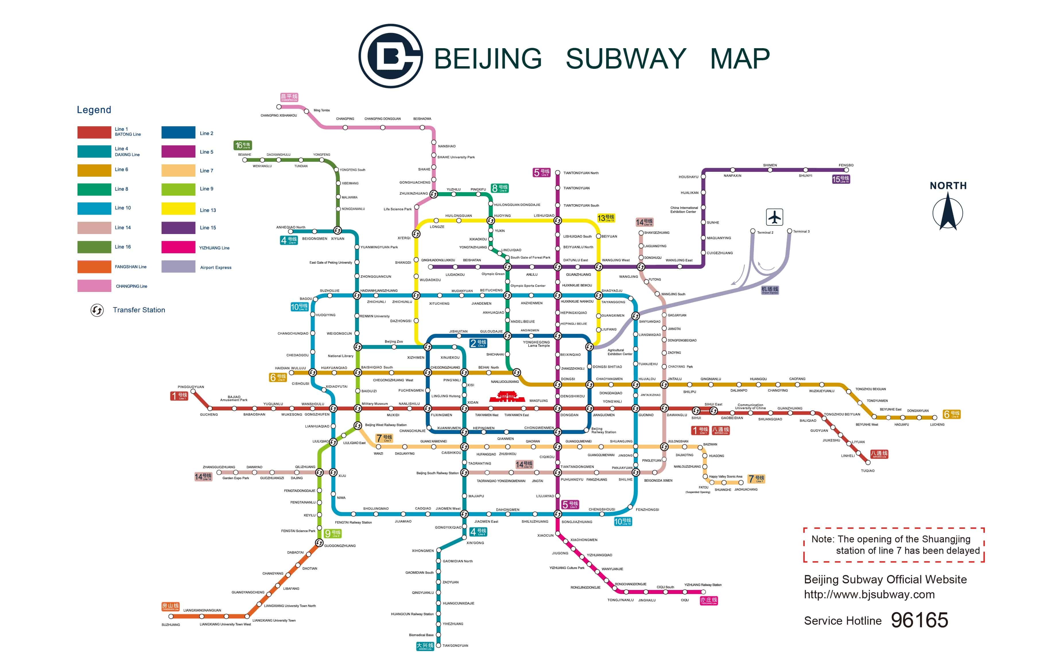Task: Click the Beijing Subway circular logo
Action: (x=390, y=56)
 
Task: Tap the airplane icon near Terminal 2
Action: (x=774, y=217)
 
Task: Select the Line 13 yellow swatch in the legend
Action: (x=178, y=209)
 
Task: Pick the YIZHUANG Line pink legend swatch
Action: (x=178, y=247)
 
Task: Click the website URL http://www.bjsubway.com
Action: (x=869, y=594)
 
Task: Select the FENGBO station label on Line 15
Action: (x=846, y=165)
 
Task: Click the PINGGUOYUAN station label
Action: (x=191, y=387)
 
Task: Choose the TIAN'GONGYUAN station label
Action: (x=455, y=645)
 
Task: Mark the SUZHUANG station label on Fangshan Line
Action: (x=171, y=624)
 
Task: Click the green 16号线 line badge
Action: (x=243, y=145)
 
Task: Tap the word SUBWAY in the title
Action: (x=626, y=59)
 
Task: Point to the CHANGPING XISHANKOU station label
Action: (x=279, y=116)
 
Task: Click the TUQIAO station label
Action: (x=868, y=470)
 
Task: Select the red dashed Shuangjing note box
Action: (x=893, y=545)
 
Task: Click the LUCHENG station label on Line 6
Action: (x=937, y=424)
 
